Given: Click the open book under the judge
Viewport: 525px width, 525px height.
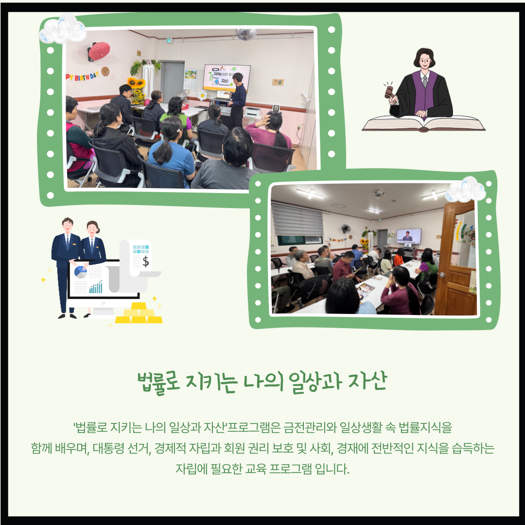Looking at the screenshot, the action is (423, 123).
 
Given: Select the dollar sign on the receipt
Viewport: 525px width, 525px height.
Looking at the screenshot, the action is (146, 261).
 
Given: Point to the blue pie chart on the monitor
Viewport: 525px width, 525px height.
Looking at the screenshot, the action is (80, 272).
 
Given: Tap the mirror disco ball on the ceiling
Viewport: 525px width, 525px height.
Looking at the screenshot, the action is (246, 34).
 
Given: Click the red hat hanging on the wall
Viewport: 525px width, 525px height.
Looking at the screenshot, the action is (99, 51).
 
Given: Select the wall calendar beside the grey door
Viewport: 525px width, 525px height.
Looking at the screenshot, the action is (190, 79).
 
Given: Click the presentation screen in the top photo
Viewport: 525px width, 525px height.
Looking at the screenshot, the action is (227, 78).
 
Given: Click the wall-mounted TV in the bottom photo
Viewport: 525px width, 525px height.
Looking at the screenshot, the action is (408, 236).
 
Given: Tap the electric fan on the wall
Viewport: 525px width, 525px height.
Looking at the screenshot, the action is (346, 229).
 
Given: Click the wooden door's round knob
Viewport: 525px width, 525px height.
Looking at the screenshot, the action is (442, 275).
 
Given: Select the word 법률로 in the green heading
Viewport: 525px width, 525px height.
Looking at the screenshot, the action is (158, 383).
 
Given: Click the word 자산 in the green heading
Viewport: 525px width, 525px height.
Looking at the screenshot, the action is (367, 382).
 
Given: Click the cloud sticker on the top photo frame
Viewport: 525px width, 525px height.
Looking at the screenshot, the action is (62, 29).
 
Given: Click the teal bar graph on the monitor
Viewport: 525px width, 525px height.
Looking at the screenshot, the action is (96, 287).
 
